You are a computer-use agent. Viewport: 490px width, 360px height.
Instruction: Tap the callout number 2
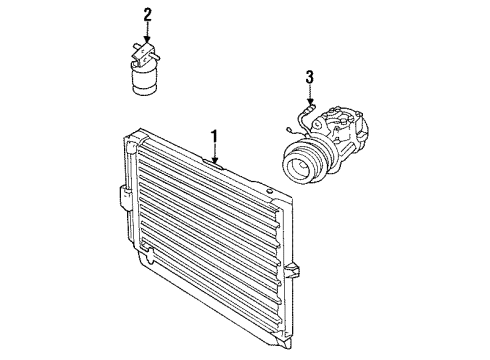(x=147, y=16)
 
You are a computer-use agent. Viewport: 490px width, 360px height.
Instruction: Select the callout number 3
(x=310, y=76)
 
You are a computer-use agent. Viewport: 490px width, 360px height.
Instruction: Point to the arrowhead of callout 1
(x=213, y=159)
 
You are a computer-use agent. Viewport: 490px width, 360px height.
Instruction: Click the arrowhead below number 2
(x=147, y=43)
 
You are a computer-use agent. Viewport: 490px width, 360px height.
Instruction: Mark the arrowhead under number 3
(x=310, y=104)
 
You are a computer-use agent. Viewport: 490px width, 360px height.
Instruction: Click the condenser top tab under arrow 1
(x=214, y=163)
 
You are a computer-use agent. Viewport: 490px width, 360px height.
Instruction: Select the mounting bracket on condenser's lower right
(x=292, y=271)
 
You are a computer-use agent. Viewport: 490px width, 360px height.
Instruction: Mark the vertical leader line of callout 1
(x=213, y=148)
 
